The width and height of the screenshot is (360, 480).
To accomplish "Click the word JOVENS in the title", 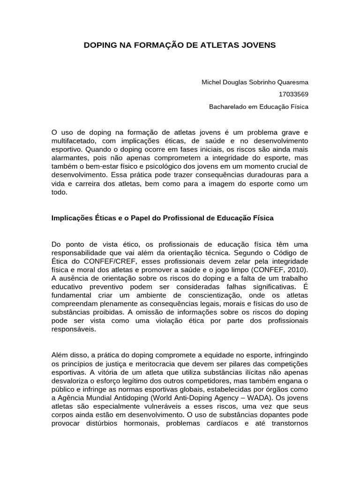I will (x=257, y=45).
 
